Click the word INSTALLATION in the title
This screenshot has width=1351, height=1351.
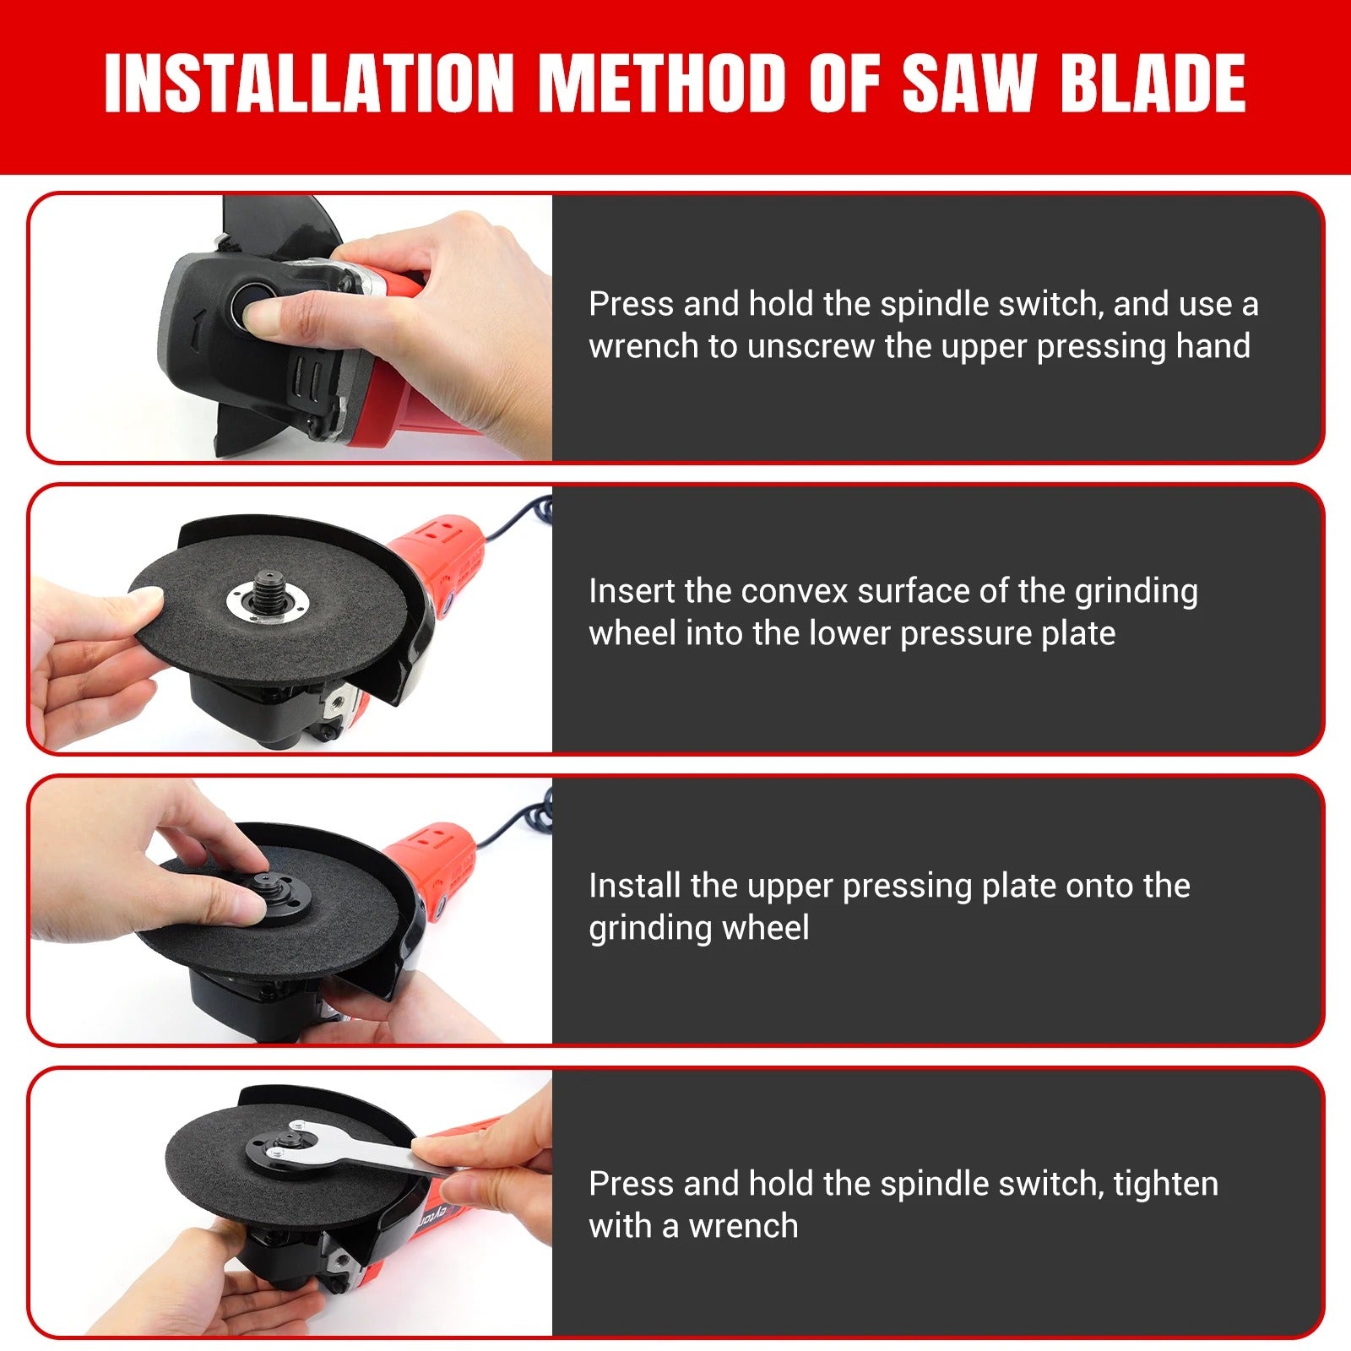[x=309, y=83]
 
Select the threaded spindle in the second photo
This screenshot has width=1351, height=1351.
[x=269, y=592]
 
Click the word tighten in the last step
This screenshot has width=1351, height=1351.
[x=1165, y=1184]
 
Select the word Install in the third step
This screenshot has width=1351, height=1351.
[x=634, y=886]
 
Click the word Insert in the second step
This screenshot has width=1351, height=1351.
[x=632, y=591]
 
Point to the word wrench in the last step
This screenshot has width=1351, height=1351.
[x=743, y=1226]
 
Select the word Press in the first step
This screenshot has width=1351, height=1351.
[x=631, y=304]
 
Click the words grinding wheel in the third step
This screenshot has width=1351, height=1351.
[x=698, y=928]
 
